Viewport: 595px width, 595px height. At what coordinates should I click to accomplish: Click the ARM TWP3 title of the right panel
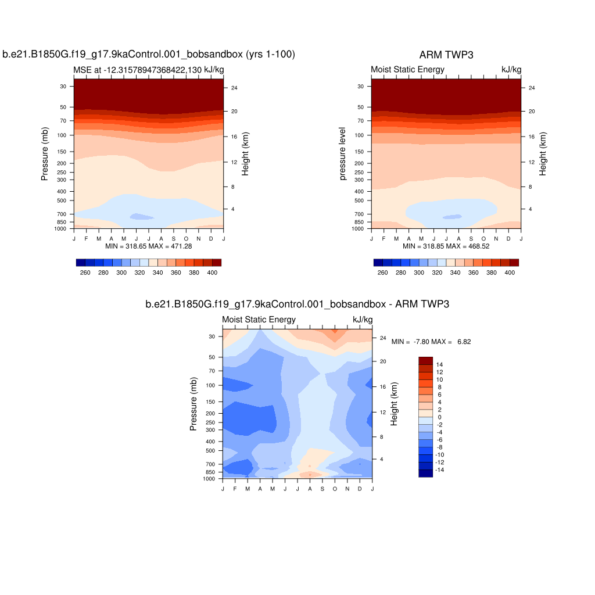446,55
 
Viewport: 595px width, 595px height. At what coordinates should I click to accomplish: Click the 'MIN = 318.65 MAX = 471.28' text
149,246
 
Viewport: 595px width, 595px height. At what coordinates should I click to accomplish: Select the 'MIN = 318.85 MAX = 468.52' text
446,246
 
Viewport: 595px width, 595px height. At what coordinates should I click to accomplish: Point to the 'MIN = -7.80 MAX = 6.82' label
431,342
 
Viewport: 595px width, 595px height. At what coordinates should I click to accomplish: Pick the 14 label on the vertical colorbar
439,365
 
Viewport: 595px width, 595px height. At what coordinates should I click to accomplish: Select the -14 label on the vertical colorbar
440,469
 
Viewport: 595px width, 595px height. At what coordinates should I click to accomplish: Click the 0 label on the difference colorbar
439,417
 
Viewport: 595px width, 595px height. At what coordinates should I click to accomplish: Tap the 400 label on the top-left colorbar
212,273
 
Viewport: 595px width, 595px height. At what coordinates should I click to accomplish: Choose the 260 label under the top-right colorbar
382,273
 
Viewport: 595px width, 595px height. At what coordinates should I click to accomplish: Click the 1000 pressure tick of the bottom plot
209,479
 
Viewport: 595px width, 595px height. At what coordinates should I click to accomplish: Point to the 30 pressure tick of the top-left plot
62,86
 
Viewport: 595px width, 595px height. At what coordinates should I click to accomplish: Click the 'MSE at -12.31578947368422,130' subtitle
137,70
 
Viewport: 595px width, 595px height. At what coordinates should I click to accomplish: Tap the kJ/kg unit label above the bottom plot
363,320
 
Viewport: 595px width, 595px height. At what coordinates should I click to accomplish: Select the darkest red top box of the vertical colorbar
425,361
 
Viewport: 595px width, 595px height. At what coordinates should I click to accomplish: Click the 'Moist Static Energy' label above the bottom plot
259,320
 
